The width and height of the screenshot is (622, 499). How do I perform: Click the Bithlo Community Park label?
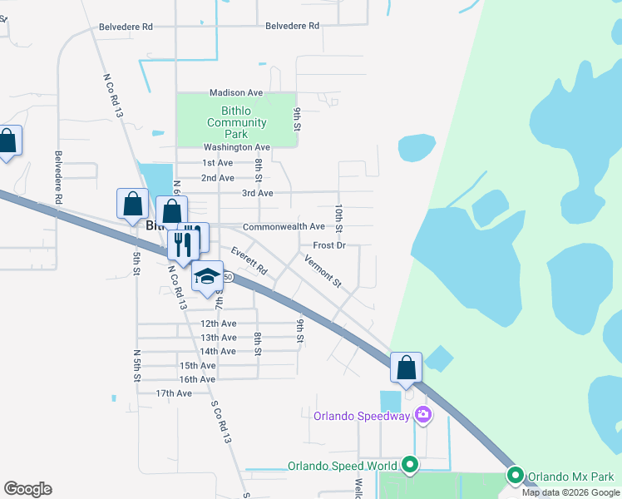click(237, 122)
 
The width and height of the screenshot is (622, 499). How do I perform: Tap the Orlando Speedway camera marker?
click(423, 414)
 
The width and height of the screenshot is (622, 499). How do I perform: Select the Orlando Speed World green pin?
click(409, 465)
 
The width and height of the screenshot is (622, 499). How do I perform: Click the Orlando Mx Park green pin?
click(516, 476)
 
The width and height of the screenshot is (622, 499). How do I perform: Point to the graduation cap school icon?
click(207, 277)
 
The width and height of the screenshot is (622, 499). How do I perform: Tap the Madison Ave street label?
click(236, 92)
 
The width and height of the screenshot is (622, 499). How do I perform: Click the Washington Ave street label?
click(232, 147)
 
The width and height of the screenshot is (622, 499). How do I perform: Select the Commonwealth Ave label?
click(284, 227)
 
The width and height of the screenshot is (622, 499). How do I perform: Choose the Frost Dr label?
click(329, 245)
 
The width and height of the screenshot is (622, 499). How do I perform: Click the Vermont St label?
click(323, 271)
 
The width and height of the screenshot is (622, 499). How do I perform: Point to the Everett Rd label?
click(249, 260)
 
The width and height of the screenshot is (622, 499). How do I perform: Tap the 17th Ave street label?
click(174, 393)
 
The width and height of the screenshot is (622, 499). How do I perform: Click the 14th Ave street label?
click(219, 351)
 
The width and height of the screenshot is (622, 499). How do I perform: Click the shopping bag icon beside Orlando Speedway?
click(406, 367)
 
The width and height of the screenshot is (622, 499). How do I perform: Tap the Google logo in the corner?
click(27, 489)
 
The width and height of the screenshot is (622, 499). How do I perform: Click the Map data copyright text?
click(570, 492)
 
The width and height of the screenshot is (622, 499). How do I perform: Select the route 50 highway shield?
click(226, 276)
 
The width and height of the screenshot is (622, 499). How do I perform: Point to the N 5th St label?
click(136, 366)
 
